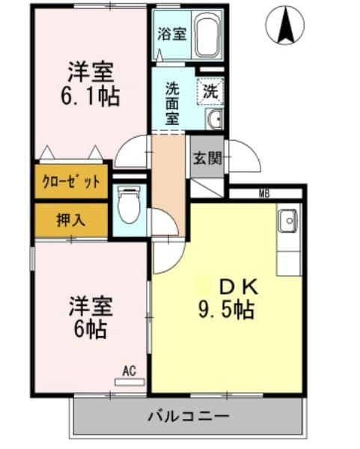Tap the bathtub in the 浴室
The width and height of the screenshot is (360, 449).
(x=207, y=34)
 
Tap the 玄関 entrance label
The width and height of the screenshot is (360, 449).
(x=207, y=158)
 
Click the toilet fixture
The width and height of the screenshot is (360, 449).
(x=129, y=204)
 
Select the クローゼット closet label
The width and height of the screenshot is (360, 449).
(x=72, y=182)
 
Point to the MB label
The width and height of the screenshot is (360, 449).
(x=264, y=195)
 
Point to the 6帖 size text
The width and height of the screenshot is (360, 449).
(x=89, y=327)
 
